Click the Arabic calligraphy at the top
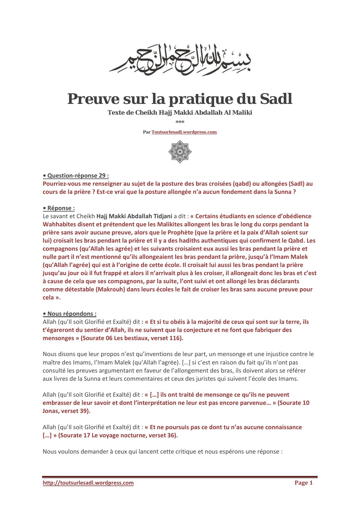(x=180, y=58)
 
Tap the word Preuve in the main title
(x=93, y=99)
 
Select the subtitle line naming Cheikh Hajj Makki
(x=180, y=113)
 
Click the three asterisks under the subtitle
(x=180, y=122)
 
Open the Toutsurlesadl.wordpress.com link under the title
(x=184, y=132)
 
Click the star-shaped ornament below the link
(x=180, y=151)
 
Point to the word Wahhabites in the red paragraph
(x=58, y=224)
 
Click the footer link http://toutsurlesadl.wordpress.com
(x=88, y=483)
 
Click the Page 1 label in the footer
(x=303, y=483)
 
